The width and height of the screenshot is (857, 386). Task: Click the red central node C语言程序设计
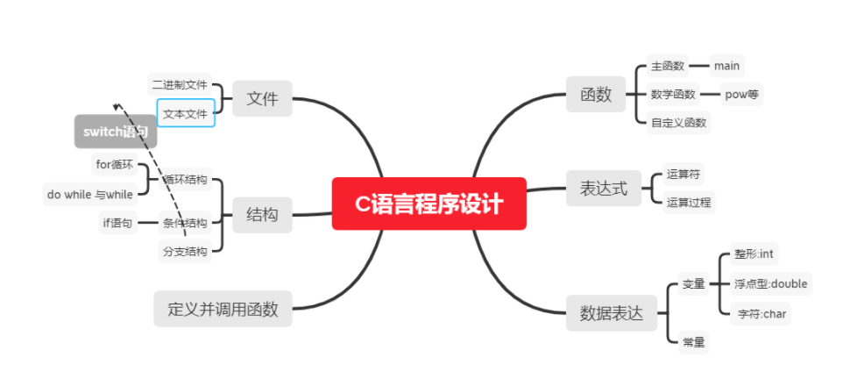tap(428, 204)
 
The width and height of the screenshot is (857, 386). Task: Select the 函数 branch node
tap(596, 95)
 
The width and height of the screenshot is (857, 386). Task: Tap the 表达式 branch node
tap(604, 189)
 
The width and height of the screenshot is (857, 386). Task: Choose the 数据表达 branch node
tap(611, 313)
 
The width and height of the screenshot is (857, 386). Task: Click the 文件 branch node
tap(262, 99)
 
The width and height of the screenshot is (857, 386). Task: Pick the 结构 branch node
tap(262, 215)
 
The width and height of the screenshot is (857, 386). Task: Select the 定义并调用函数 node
tap(223, 309)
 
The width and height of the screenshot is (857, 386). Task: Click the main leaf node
tap(726, 66)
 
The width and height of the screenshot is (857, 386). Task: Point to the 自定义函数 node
tap(678, 123)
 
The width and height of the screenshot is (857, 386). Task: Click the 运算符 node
tap(683, 174)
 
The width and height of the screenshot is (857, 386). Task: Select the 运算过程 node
tap(689, 203)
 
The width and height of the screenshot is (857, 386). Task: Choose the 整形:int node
tap(754, 254)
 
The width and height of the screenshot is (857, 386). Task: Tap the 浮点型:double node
tap(771, 283)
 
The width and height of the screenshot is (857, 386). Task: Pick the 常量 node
tap(693, 342)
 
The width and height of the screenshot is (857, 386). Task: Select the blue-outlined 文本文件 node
tap(186, 113)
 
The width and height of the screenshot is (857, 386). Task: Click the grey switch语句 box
tap(116, 132)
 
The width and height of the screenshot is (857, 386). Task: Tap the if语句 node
tap(117, 223)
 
